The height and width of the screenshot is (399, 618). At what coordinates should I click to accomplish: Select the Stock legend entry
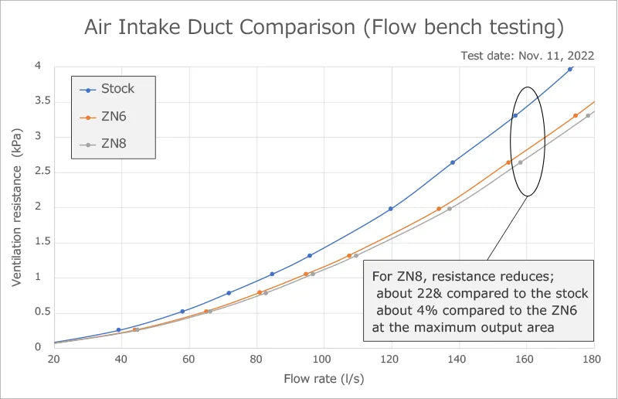[x=117, y=89]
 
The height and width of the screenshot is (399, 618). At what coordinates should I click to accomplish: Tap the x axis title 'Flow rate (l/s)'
[x=324, y=379]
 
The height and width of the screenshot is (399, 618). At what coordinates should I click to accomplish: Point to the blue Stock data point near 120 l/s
[x=391, y=209]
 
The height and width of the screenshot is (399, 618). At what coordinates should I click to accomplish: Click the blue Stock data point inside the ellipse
[x=515, y=116]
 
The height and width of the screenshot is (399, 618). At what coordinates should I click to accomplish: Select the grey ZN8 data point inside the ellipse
[x=520, y=162]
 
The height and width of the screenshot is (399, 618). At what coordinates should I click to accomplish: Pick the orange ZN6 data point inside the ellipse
[x=508, y=162]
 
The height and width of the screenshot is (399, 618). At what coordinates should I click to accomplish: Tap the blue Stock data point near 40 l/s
[x=118, y=330]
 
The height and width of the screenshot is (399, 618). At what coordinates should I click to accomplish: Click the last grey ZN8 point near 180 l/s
[x=588, y=116]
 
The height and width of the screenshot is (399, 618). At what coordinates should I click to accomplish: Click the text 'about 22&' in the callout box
[x=408, y=294]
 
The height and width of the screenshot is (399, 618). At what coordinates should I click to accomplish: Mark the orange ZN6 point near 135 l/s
[x=439, y=209]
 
